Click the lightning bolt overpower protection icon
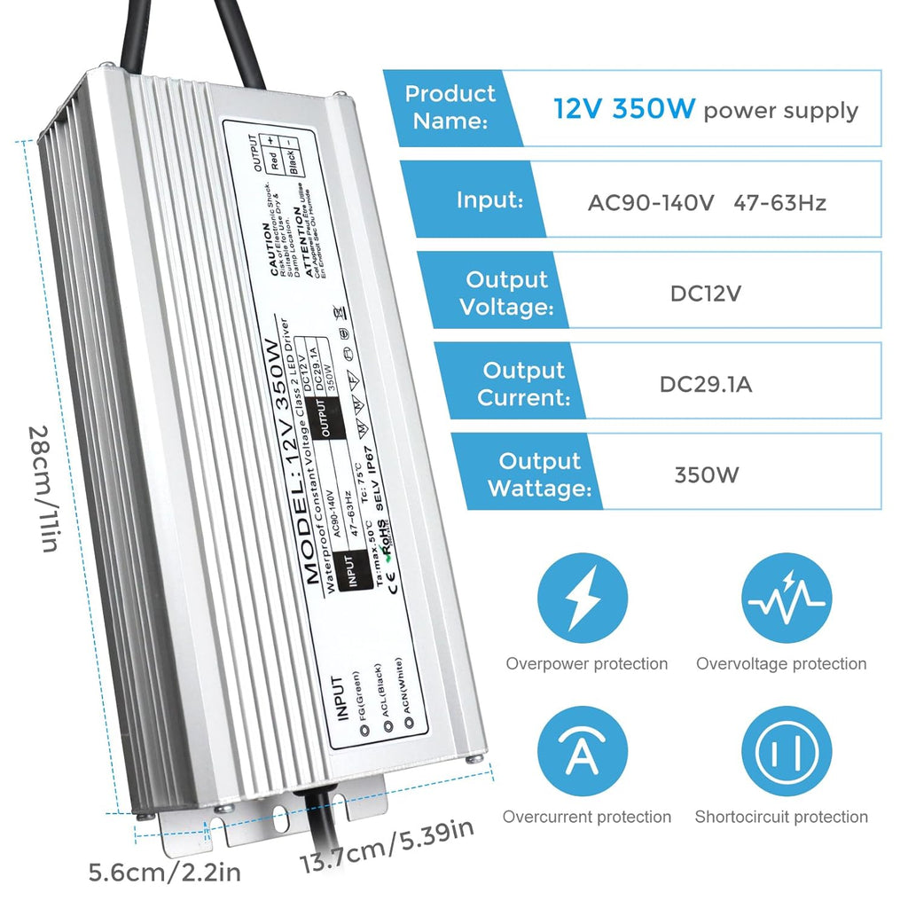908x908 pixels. (x=585, y=601)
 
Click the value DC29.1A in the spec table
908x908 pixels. (x=706, y=384)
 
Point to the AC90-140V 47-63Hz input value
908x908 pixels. (x=707, y=203)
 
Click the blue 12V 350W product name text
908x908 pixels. (x=625, y=110)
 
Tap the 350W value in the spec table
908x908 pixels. (x=706, y=474)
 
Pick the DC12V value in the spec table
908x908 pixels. (x=706, y=294)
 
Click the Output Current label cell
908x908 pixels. (x=523, y=384)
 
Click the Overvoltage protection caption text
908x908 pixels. (x=781, y=664)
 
